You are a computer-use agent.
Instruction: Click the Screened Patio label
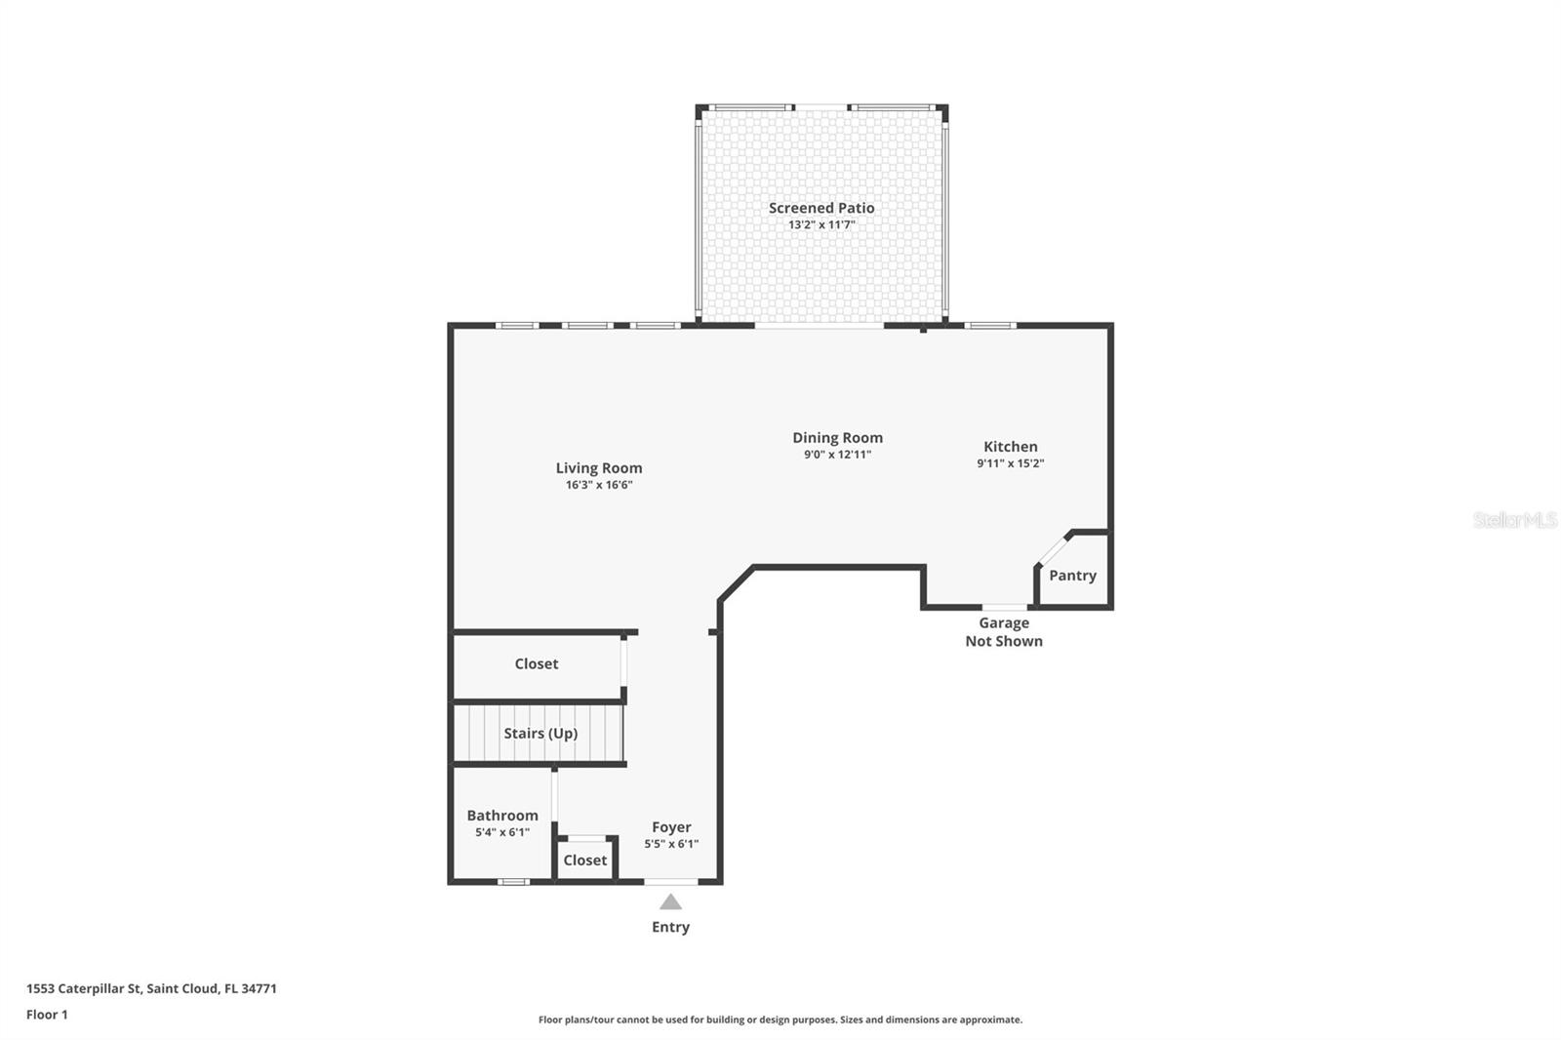click(x=821, y=208)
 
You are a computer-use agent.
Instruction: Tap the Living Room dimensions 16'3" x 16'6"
click(x=599, y=485)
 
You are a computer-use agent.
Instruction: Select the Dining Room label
click(x=837, y=438)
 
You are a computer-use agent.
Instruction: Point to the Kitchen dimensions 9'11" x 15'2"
click(x=1010, y=463)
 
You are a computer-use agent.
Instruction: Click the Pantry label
click(x=1072, y=576)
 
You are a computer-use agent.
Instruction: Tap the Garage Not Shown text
click(x=1004, y=632)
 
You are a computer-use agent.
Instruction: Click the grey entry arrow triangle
click(x=670, y=902)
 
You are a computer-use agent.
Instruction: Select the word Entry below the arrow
click(x=670, y=927)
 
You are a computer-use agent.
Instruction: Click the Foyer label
click(x=671, y=827)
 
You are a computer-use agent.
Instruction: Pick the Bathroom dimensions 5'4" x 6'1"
click(x=501, y=832)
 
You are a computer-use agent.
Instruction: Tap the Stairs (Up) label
click(x=540, y=734)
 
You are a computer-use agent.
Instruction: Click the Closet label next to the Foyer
click(x=584, y=860)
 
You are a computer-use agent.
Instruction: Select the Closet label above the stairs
click(x=536, y=663)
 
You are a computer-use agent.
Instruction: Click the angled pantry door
click(x=1053, y=550)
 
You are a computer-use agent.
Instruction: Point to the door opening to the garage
click(x=1004, y=607)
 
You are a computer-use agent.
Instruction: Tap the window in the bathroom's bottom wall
click(x=513, y=882)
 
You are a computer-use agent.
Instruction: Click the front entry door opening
click(x=670, y=882)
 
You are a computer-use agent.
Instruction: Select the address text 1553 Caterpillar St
click(x=84, y=988)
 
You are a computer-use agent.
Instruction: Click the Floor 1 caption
click(x=47, y=1015)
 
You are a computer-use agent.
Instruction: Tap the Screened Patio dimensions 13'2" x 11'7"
click(x=821, y=225)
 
